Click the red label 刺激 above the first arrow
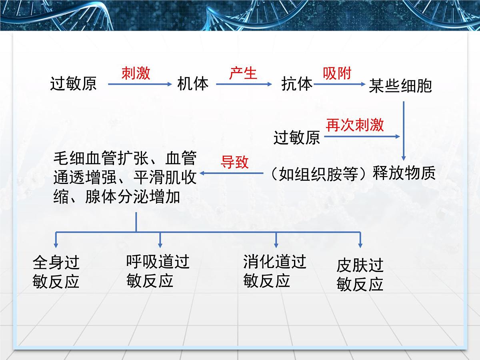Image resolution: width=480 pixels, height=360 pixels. point(136,73)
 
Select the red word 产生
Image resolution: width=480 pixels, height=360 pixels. point(243,73)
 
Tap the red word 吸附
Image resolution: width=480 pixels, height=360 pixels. point(337,73)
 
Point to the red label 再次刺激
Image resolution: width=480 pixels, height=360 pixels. point(355,125)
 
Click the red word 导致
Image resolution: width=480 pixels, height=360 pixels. point(235,162)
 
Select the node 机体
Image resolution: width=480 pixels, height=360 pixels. point(193,84)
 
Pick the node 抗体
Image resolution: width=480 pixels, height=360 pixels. point(297,84)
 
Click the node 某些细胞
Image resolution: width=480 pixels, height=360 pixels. point(400,86)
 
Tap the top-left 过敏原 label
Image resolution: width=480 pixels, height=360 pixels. point(74,84)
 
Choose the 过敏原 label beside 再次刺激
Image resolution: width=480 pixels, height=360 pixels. point(297,138)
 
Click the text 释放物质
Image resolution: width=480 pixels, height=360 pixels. point(404,173)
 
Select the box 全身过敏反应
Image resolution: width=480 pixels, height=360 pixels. point(56,272)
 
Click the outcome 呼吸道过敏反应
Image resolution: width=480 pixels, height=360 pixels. point(158,271)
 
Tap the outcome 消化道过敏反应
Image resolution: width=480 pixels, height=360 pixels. point(275,271)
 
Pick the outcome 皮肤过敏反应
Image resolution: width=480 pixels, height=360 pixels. point(360,274)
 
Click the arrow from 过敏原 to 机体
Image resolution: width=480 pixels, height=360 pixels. point(140,84)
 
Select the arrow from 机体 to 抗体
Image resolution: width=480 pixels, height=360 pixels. point(244,84)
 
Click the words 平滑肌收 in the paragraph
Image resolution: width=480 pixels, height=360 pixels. point(165,177)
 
